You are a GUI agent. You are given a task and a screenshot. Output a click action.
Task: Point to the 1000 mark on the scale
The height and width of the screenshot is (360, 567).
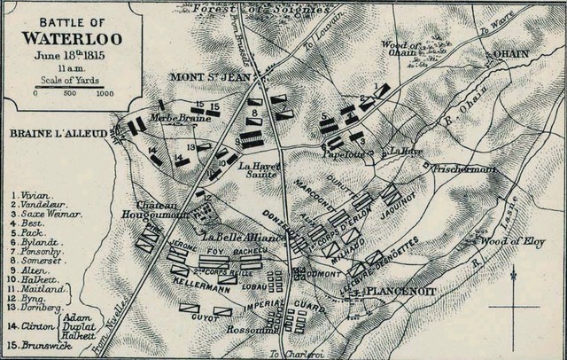coord(104,92)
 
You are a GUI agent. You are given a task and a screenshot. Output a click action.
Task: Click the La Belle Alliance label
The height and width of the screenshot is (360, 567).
coord(242,238)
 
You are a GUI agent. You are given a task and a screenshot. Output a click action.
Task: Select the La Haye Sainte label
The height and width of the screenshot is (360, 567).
coord(260,170)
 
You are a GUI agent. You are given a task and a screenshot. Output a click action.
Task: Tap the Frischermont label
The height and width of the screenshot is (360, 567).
coord(456,167)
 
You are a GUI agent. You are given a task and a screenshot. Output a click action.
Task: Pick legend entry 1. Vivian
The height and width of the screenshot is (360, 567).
coord(34,193)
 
